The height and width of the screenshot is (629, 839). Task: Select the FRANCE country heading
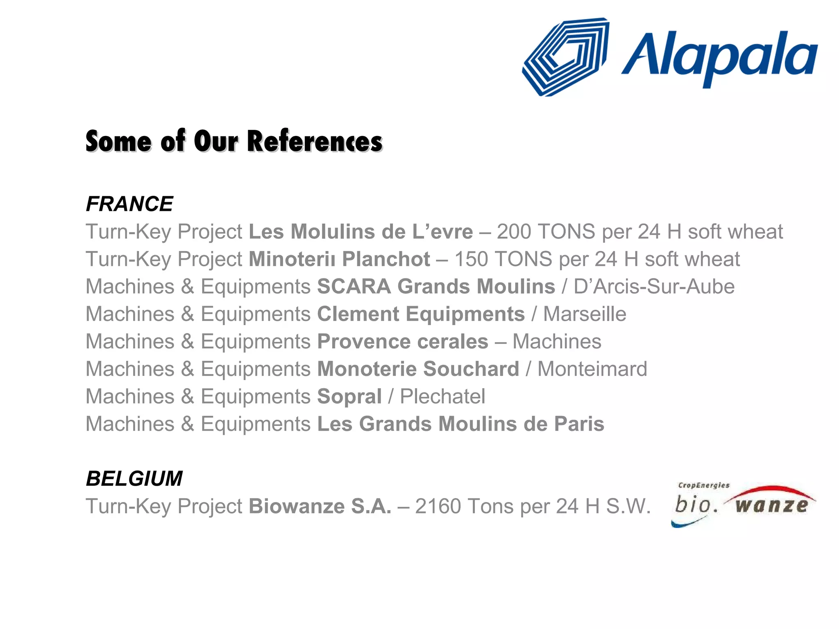point(129,204)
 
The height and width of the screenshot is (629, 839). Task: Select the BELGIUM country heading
point(134,478)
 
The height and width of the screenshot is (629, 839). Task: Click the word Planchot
point(386,259)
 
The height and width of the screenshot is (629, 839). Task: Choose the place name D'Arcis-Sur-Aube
point(654,287)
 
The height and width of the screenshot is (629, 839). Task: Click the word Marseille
point(585,314)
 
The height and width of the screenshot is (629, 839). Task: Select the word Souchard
point(471,369)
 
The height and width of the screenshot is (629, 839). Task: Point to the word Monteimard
point(592,369)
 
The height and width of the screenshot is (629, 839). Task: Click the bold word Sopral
point(349,396)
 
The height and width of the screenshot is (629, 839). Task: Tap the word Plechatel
point(442,396)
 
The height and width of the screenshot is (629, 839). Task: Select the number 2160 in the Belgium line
point(438,506)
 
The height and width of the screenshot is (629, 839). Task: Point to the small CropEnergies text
point(704,485)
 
